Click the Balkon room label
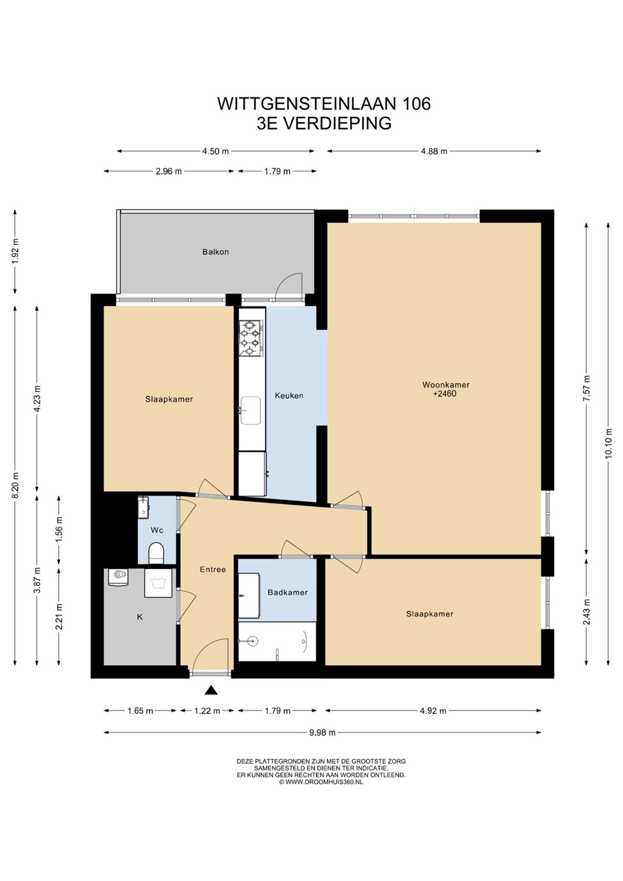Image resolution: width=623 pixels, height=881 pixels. [x=215, y=251]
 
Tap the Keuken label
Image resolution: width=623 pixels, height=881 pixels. [x=289, y=396]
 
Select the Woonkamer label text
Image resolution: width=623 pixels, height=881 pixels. [x=446, y=385]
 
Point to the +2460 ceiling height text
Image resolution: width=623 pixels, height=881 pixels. [x=446, y=394]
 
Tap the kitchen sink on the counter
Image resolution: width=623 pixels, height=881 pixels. [x=250, y=411]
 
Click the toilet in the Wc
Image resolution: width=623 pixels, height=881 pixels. [x=157, y=553]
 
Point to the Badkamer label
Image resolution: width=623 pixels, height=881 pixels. [x=288, y=592]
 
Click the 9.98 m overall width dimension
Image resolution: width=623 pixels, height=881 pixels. [x=322, y=732]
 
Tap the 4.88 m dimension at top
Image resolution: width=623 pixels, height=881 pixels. [x=435, y=152]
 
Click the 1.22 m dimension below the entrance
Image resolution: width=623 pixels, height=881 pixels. [x=207, y=711]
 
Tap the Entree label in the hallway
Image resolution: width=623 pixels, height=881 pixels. [x=213, y=569]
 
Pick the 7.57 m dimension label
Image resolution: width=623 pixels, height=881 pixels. [x=587, y=388]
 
